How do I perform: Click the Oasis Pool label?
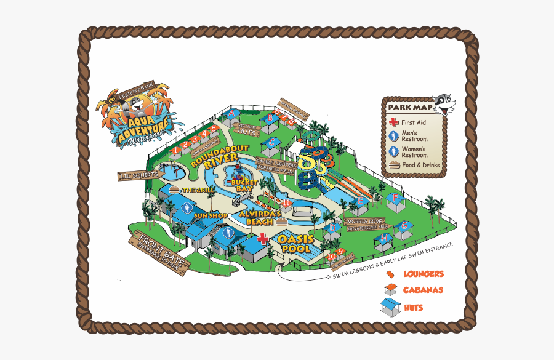point(296,244)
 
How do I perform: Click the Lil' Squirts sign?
point(138,177)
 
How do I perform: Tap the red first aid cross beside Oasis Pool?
point(263,239)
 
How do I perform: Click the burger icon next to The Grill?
point(175,190)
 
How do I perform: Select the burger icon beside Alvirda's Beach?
point(282,221)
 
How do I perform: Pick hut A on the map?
point(231,114)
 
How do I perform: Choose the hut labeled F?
point(395,199)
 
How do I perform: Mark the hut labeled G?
point(404,226)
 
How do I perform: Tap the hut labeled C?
point(271,143)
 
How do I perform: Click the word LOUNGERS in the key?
point(423,274)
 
